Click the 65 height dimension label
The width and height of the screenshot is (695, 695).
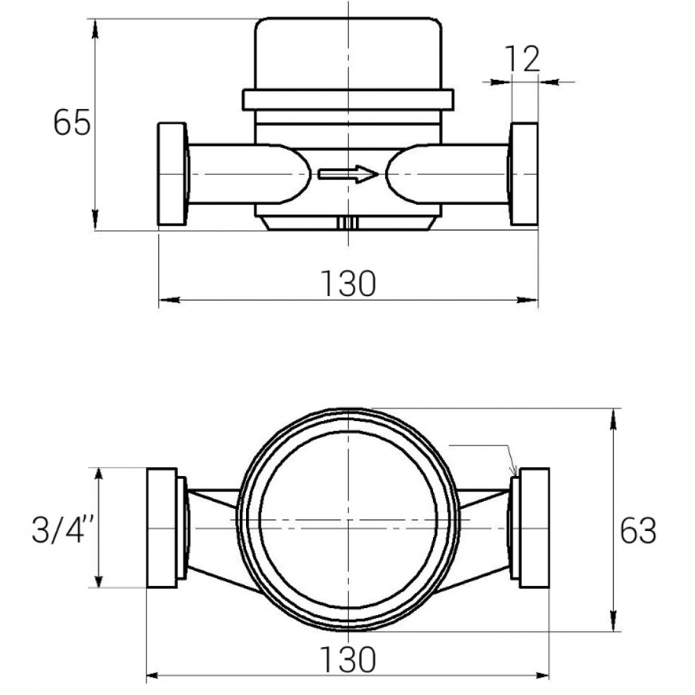click(72, 123)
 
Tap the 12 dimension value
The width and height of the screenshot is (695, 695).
click(523, 58)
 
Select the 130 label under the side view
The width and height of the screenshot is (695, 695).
click(348, 284)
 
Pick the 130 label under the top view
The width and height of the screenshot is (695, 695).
click(348, 660)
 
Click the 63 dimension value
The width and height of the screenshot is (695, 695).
click(638, 530)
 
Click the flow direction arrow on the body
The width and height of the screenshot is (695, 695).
click(348, 174)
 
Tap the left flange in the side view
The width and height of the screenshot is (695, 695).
click(172, 174)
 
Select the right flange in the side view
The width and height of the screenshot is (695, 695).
click(524, 174)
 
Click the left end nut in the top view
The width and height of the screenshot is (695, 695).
click(162, 528)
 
